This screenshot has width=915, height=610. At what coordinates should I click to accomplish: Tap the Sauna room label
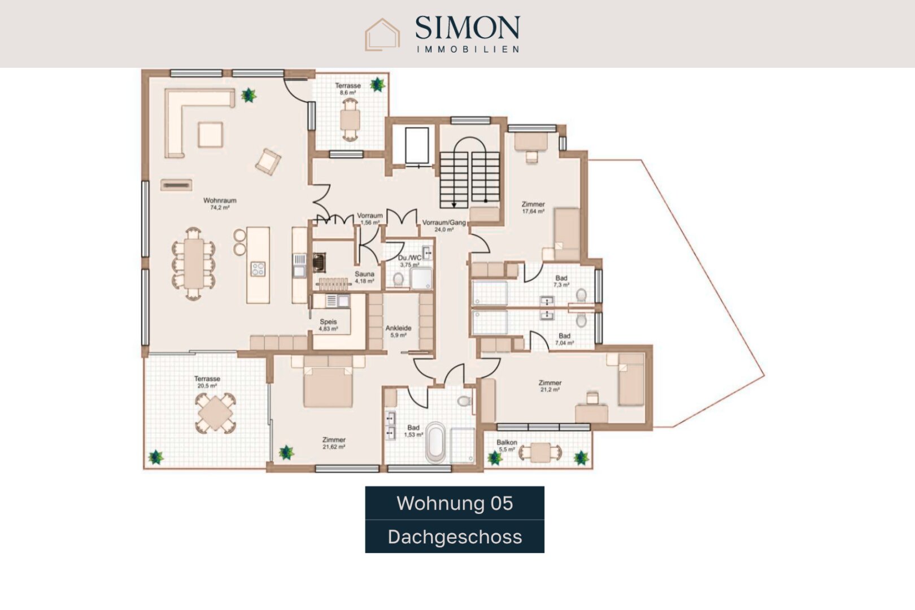coord(364,277)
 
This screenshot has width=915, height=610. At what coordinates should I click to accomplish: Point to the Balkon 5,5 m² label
coord(507,446)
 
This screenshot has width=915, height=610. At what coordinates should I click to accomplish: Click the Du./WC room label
coord(409,261)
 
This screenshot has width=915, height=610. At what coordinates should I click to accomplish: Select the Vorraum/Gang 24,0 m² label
coord(444,226)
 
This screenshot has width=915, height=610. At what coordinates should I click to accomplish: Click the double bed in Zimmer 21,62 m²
coord(328,382)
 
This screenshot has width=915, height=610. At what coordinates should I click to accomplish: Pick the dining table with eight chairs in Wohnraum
coord(193,263)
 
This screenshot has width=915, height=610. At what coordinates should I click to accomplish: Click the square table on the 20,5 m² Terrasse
coord(215,413)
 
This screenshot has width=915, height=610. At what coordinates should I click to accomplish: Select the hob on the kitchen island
coord(258,269)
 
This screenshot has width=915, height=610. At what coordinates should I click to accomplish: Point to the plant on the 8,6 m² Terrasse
coord(377,85)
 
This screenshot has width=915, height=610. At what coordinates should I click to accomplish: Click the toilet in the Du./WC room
coord(398,279)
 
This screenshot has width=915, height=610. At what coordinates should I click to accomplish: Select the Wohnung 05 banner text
coord(455,503)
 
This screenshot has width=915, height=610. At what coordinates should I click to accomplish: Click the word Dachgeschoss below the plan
coord(455,537)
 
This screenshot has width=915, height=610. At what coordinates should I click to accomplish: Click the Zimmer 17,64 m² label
coord(533,207)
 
